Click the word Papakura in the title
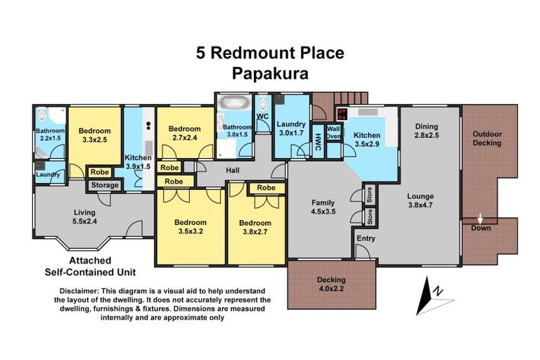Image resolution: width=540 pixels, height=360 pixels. [x=269, y=73]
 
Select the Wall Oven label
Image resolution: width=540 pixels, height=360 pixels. [x=333, y=132]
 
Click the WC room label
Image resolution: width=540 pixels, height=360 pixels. [x=263, y=115]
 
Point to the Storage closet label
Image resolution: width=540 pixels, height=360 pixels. [x=104, y=185]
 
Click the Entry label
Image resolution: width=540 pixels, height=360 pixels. [x=366, y=238]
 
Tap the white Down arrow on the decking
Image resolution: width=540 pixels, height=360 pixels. [x=481, y=218]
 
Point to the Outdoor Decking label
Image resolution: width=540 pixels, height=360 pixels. [x=487, y=139]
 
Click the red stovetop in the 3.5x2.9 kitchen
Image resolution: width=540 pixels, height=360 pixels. [x=342, y=113]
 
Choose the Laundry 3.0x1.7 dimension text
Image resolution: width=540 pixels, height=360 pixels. [x=291, y=133]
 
